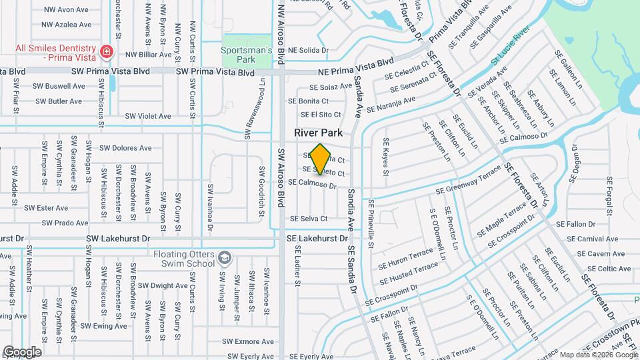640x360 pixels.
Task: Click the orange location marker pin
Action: click(321, 159)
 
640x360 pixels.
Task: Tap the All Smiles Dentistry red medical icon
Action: click(105, 52)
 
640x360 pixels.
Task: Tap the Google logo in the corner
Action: click(22, 351)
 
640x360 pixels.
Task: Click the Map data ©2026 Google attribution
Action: click(598, 355)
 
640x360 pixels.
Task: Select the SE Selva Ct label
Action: click(308, 219)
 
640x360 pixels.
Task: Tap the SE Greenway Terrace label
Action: click(468, 182)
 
